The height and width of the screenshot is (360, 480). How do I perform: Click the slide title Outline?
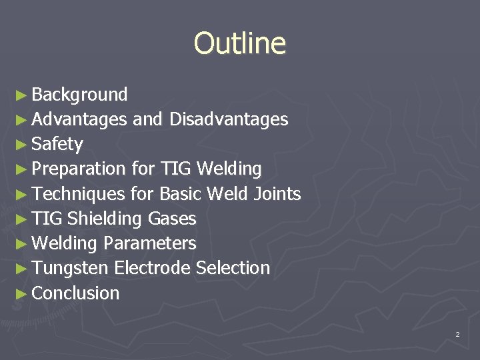coord(239,43)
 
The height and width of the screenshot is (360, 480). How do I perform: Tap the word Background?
coord(79,95)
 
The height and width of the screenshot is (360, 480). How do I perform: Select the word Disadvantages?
coord(229,119)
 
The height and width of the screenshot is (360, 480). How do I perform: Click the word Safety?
coord(57,144)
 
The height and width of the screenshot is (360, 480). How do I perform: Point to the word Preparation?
coord(78,169)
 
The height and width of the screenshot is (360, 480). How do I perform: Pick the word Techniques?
coord(78,194)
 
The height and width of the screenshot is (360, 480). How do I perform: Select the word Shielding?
coord(104,219)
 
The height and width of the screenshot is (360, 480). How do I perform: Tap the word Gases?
coord(172,219)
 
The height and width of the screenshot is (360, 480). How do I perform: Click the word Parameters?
coord(149,243)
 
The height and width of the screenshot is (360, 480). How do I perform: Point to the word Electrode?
coord(152,268)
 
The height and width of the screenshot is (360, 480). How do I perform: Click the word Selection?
coord(233,268)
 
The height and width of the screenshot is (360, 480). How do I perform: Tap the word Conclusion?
coord(75,293)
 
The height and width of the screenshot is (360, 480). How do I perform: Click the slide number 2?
coord(457,334)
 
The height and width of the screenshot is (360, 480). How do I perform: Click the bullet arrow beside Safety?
coord(21,145)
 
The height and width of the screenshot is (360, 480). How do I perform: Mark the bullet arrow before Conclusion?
coord(21,293)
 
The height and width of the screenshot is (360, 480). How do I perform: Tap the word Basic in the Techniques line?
coord(181,194)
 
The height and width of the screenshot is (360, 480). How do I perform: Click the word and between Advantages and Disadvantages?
coord(148,119)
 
